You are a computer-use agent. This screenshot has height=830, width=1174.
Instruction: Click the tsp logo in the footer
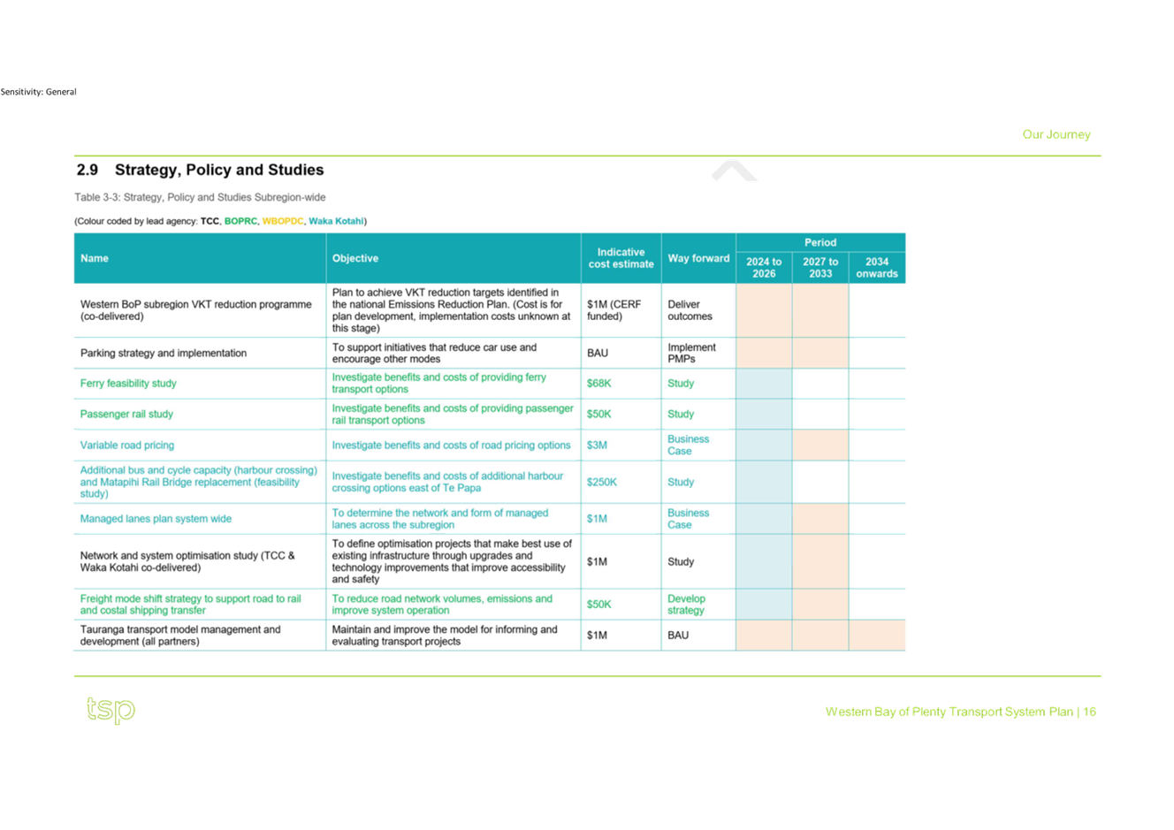click(x=111, y=710)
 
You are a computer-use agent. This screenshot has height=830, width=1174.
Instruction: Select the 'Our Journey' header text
click(x=1056, y=134)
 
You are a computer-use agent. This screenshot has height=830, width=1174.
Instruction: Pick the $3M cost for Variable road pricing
click(x=597, y=445)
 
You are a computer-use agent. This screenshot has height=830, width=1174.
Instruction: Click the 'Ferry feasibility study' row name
click(x=128, y=383)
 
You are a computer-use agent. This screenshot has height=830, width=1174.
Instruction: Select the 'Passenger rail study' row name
click(x=126, y=414)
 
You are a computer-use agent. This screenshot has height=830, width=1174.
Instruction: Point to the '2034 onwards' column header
click(x=877, y=268)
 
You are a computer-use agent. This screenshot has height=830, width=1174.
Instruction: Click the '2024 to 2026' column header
click(x=764, y=268)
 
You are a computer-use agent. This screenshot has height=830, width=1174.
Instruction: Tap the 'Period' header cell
click(x=820, y=242)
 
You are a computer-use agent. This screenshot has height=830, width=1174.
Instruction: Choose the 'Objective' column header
click(x=354, y=258)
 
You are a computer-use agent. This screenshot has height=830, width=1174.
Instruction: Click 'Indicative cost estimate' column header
click(x=621, y=258)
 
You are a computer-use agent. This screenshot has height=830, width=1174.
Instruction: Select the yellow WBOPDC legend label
click(x=283, y=221)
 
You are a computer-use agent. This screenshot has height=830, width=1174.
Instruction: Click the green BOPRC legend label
click(x=240, y=221)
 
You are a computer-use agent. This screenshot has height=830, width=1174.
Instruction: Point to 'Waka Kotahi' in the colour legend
click(x=336, y=221)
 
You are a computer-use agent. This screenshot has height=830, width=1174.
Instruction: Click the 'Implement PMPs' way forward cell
click(x=691, y=353)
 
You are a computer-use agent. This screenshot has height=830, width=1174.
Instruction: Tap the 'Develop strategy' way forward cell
click(x=687, y=605)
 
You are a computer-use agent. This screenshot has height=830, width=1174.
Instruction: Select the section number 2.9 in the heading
click(x=87, y=170)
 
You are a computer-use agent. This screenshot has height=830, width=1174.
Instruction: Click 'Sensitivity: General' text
click(x=38, y=92)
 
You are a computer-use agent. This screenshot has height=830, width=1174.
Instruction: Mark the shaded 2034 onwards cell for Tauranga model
click(x=877, y=635)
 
